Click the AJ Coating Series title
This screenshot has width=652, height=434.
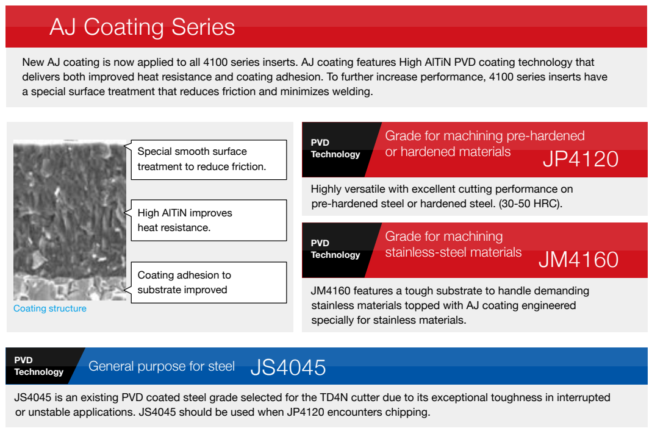[142, 27]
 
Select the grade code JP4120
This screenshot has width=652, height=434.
[581, 159]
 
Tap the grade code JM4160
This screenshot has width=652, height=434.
[578, 260]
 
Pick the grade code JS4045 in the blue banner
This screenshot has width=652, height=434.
[288, 368]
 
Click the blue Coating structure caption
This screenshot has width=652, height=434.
[50, 308]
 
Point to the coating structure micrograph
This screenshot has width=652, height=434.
[70, 220]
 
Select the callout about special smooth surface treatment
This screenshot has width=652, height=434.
[209, 160]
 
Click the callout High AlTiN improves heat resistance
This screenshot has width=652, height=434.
[209, 220]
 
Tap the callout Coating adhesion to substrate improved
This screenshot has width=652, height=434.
[209, 282]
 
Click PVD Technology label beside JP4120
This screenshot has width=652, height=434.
[335, 148]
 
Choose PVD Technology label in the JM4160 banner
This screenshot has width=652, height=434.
[335, 249]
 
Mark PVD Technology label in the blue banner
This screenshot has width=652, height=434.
[38, 366]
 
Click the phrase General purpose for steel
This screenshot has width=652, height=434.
[162, 366]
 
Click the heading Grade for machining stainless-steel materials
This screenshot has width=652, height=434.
[453, 244]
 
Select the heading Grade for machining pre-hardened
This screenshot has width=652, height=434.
[485, 136]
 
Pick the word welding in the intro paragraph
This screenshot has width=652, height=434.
[352, 92]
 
